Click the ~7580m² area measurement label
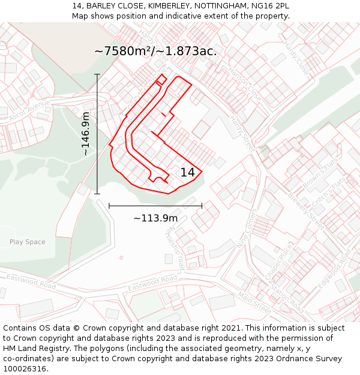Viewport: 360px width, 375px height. (155, 51)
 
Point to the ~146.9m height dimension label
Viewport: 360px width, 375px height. (86, 134)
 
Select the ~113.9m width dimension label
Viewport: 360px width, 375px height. (155, 218)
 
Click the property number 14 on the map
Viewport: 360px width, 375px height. (188, 172)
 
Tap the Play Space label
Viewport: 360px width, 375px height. (27, 242)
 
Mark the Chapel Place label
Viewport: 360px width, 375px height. (277, 262)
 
